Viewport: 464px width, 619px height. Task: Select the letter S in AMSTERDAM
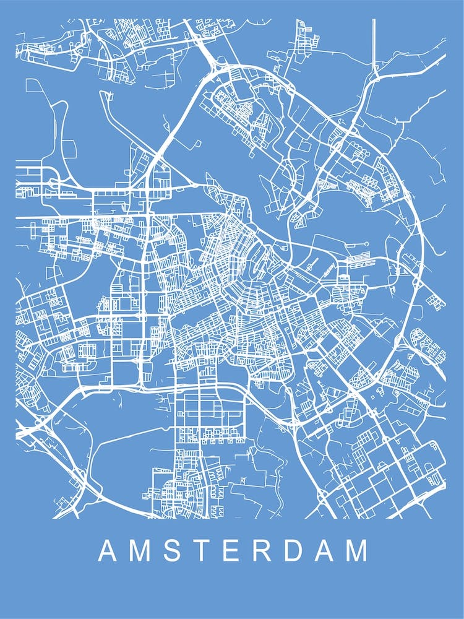pyautogui.click(x=174, y=551)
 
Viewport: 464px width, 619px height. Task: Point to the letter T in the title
pyautogui.click(x=202, y=551)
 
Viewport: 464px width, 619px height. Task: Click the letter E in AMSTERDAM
pyautogui.click(x=231, y=551)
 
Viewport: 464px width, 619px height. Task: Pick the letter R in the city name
pyautogui.click(x=262, y=551)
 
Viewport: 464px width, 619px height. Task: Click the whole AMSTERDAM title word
pyautogui.click(x=233, y=551)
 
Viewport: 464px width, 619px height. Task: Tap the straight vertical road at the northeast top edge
pyautogui.click(x=374, y=43)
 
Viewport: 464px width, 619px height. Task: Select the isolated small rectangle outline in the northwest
pyautogui.click(x=68, y=149)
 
